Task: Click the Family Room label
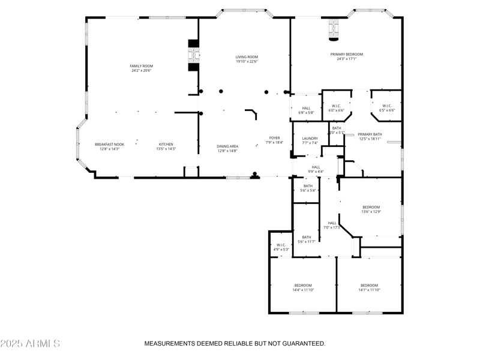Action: (x=142, y=68)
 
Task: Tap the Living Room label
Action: (x=246, y=59)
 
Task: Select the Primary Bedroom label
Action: (x=346, y=56)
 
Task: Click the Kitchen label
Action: (x=166, y=146)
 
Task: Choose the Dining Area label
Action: (x=227, y=148)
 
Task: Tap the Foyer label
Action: (x=274, y=140)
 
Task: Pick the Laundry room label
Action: (x=310, y=140)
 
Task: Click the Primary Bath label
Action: (x=370, y=136)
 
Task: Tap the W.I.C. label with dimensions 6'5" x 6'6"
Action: (x=387, y=108)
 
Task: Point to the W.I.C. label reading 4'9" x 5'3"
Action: (x=281, y=247)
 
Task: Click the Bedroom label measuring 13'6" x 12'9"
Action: (x=371, y=209)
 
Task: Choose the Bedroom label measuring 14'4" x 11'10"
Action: (x=303, y=287)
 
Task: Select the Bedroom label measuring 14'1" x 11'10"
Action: (x=369, y=287)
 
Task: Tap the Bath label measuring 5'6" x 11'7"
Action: (x=307, y=239)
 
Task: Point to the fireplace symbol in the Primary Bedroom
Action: (x=333, y=30)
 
